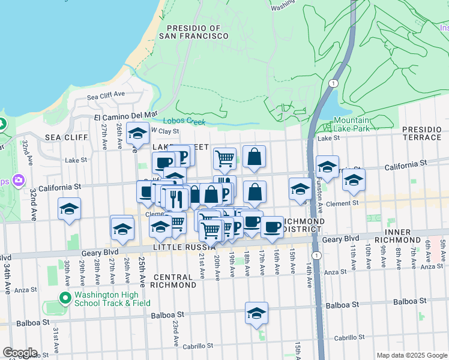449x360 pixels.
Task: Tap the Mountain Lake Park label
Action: pyautogui.click(x=351, y=124)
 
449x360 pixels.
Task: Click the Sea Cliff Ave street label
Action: pyautogui.click(x=106, y=94)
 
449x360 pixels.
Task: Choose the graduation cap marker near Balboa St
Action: pyautogui.click(x=256, y=313)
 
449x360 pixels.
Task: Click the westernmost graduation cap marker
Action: pyautogui.click(x=70, y=209)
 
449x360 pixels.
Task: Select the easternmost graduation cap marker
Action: pyautogui.click(x=354, y=179)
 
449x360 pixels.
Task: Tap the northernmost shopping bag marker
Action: pyautogui.click(x=255, y=157)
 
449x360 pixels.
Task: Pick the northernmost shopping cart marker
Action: pyautogui.click(x=224, y=159)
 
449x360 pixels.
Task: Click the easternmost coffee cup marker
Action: pyautogui.click(x=272, y=227)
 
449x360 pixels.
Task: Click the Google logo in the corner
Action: pyautogui.click(x=19, y=352)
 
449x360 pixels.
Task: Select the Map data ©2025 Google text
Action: pyautogui.click(x=412, y=355)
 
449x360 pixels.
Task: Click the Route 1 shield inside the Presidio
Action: pyautogui.click(x=332, y=83)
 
